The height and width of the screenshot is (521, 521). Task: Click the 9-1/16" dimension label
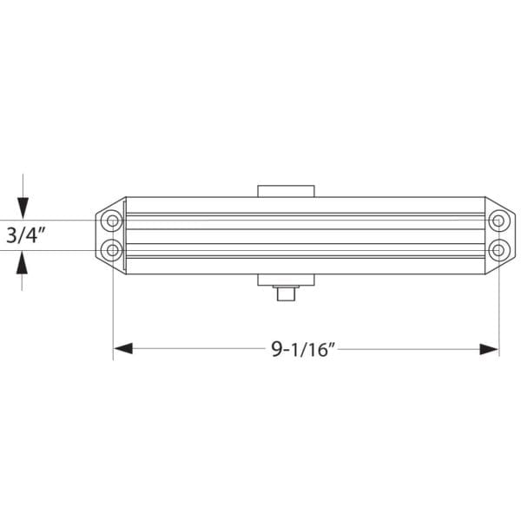pos(303,349)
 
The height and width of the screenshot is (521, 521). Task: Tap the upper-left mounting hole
pos(112,221)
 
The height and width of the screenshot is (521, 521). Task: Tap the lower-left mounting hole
pos(112,251)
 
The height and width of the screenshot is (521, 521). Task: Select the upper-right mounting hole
pos(498,221)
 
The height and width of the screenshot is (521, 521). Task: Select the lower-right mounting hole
pos(498,251)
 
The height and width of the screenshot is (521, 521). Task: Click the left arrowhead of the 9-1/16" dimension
pos(122,349)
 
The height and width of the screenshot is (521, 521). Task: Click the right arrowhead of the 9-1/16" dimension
pos(490,349)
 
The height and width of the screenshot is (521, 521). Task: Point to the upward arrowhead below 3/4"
pos(23,261)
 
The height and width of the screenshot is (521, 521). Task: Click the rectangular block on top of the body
pos(285,190)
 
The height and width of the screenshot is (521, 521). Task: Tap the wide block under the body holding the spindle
pos(285,280)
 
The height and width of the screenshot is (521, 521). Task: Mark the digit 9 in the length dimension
pos(277,349)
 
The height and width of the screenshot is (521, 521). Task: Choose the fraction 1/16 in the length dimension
pos(310,350)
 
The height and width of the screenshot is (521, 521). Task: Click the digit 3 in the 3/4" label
pos(11,234)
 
